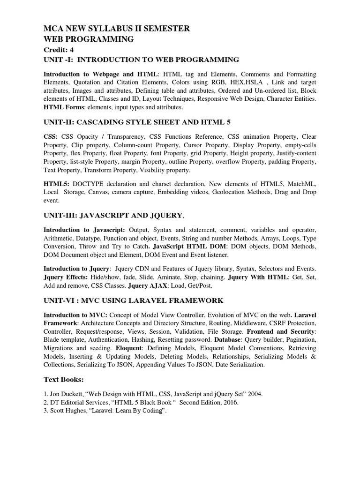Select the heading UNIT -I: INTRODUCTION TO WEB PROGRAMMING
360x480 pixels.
point(141,60)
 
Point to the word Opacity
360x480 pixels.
point(89,136)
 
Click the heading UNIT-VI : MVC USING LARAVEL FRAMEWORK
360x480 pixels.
point(134,300)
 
